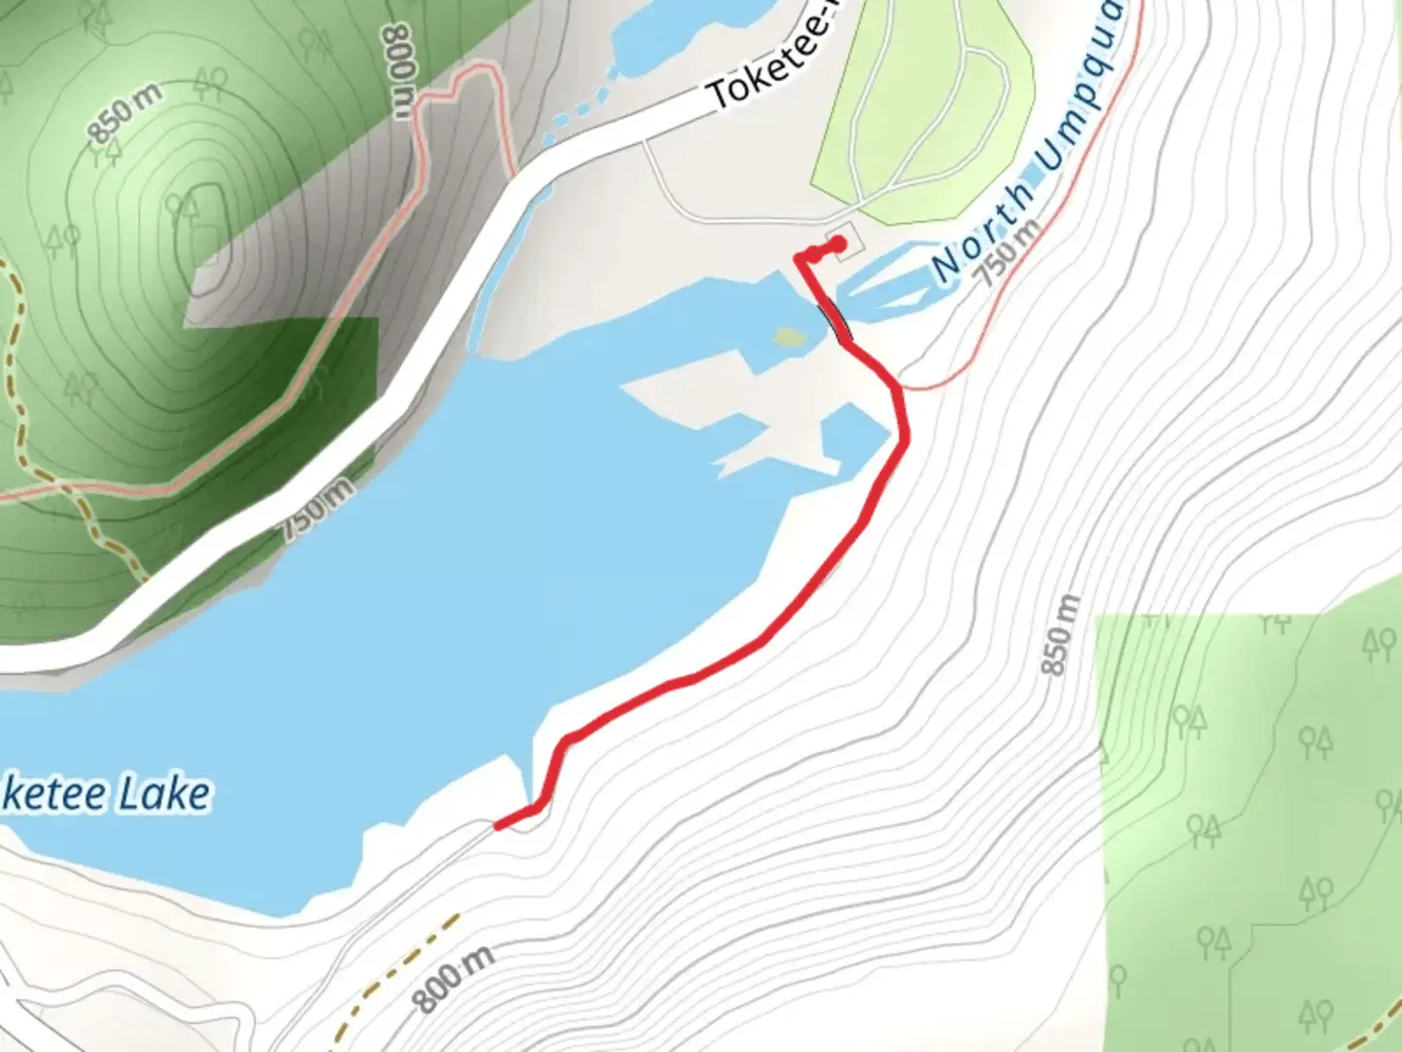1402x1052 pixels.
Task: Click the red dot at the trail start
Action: point(837,244)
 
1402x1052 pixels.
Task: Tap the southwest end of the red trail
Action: point(499,826)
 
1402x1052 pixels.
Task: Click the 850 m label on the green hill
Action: point(126,114)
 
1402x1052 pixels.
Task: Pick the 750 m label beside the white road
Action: point(318,510)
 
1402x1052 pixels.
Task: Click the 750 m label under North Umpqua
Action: point(1010,252)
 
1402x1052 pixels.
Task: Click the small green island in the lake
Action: point(790,338)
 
